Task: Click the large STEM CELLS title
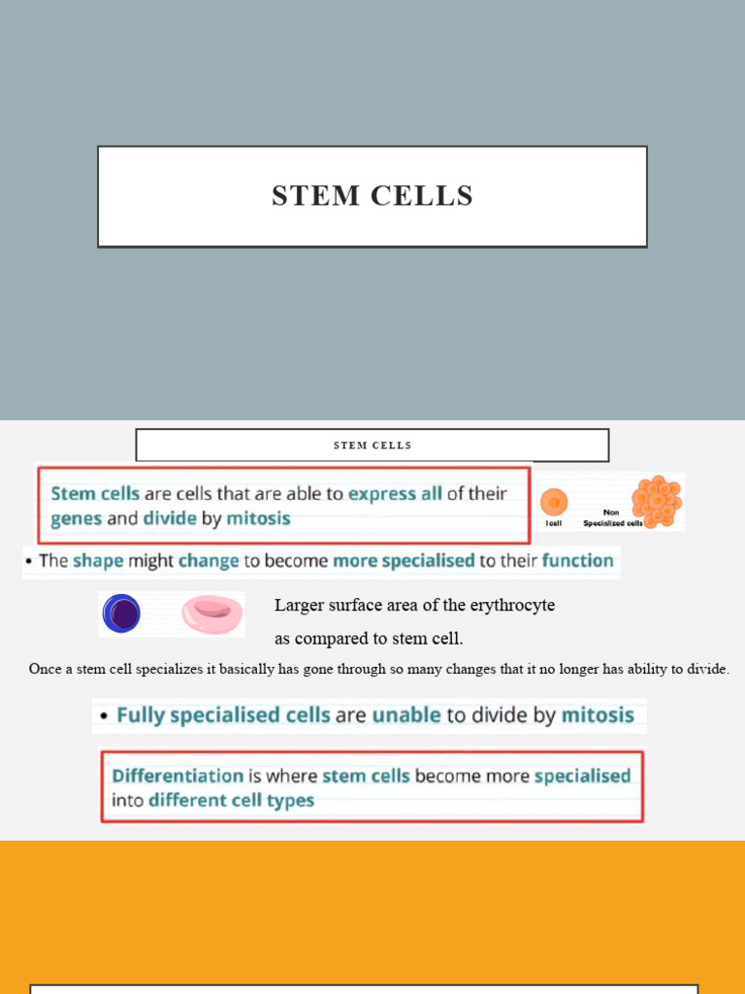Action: tap(372, 196)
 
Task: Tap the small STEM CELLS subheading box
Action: tap(372, 446)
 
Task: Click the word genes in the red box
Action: tap(77, 518)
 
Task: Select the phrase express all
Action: tap(395, 493)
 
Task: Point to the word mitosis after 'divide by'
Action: tap(258, 518)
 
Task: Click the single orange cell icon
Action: tap(554, 502)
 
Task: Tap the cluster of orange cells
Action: tap(657, 501)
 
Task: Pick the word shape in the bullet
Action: tap(98, 560)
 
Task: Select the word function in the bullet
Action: tap(577, 560)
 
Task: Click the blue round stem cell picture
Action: tap(122, 614)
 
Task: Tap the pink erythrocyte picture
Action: tap(212, 614)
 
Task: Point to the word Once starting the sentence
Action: tap(45, 669)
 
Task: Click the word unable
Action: tap(407, 715)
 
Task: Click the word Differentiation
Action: tap(178, 776)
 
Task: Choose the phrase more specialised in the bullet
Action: tap(404, 560)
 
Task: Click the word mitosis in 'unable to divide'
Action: tap(598, 715)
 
